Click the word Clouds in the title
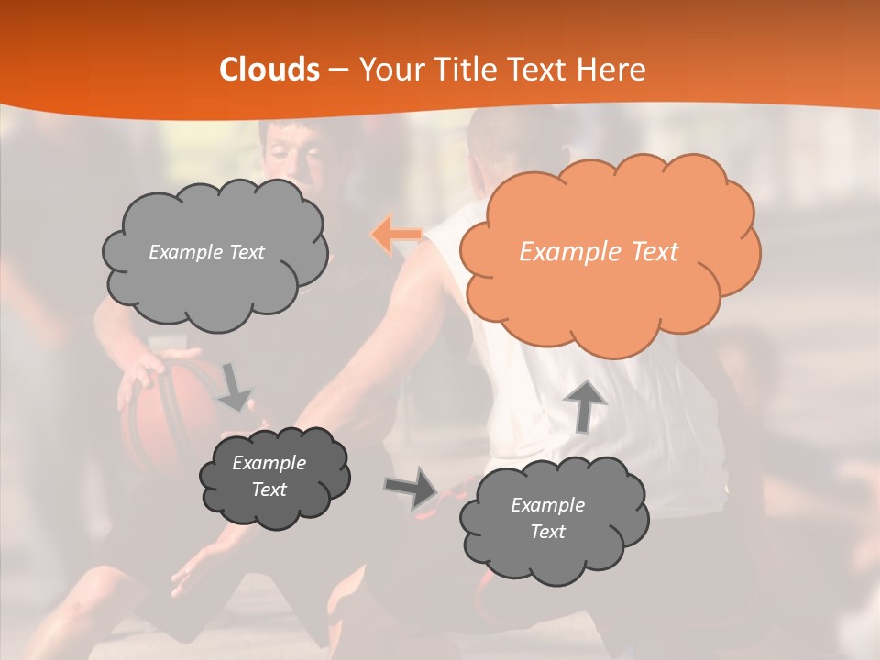pyautogui.click(x=269, y=70)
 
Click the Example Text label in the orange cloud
pyautogui.click(x=599, y=252)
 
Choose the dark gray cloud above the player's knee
pyautogui.click(x=273, y=477)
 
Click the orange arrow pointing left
pyautogui.click(x=396, y=235)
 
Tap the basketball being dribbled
pyautogui.click(x=170, y=412)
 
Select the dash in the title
pyautogui.click(x=335, y=71)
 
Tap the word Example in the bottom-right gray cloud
pyautogui.click(x=547, y=505)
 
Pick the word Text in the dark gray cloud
pyautogui.click(x=269, y=489)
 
